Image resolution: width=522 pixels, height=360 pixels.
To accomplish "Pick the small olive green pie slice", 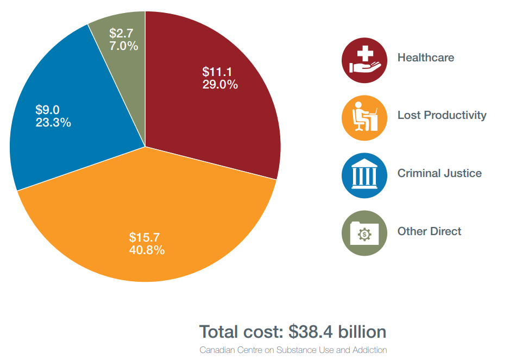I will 122,65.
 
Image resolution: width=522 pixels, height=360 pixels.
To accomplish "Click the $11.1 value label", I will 217,72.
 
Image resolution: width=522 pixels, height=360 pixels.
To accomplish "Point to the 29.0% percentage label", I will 220,85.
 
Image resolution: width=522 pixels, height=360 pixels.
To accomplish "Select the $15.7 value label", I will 144,237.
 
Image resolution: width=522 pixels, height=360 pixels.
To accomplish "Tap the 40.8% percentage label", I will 147,250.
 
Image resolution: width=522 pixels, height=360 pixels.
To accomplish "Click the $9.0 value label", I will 47,110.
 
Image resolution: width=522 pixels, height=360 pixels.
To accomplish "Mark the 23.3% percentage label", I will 53,123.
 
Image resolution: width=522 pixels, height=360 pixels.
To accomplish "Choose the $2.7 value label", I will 121,33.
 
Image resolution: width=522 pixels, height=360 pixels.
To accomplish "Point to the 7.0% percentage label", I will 124,46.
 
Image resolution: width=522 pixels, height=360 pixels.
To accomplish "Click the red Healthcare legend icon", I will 364,60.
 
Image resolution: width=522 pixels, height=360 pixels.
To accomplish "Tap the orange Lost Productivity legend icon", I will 364,118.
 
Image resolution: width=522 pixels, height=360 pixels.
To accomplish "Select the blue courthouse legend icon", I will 364,175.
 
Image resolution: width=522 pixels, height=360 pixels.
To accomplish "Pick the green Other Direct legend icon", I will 364,233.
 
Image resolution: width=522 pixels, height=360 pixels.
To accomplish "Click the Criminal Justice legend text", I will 439,174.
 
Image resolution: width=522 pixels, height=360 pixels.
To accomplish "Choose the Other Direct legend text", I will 429,231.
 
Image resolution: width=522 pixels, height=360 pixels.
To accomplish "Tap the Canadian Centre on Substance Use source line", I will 293,350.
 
